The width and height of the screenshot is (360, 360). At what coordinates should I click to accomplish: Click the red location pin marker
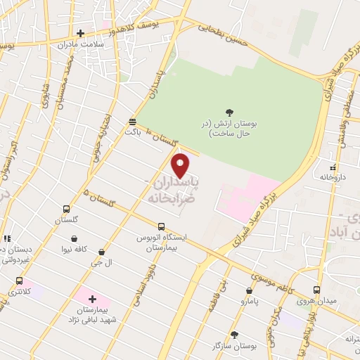[181, 165]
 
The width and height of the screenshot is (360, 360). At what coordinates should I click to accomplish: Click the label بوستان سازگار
[236, 346]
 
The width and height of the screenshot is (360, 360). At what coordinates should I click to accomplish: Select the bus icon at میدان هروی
[316, 290]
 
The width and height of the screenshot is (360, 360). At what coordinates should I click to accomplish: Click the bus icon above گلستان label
[66, 209]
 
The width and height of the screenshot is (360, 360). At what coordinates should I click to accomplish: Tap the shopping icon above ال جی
[102, 252]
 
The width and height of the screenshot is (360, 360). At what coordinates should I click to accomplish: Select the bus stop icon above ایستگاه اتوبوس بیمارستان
[162, 226]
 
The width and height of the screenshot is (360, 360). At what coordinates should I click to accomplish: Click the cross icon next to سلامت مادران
[81, 33]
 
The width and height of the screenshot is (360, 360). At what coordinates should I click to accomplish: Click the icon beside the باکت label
[132, 122]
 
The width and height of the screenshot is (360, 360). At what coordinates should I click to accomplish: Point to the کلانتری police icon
[19, 280]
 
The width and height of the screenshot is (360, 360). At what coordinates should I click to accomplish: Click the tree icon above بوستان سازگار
[234, 335]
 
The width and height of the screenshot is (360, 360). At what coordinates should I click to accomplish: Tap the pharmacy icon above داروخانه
[333, 167]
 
